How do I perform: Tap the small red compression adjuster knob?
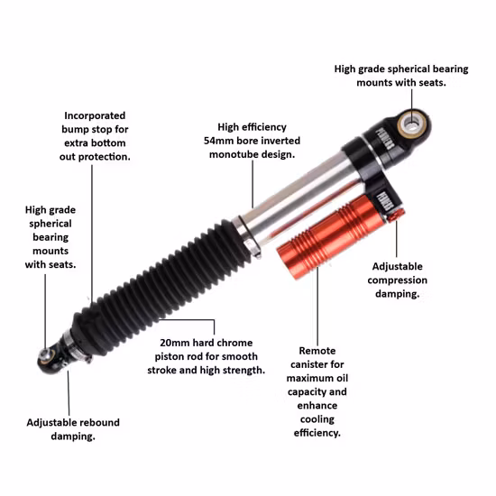[x=397, y=215]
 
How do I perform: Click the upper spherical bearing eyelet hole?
[x=412, y=124]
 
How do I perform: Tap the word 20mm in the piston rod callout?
[x=174, y=343]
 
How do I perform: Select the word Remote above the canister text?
[x=317, y=351]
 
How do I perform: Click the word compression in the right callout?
[x=398, y=280]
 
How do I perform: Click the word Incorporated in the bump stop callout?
[x=95, y=115]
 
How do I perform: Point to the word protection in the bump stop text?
[x=104, y=157]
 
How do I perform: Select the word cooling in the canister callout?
[x=317, y=419]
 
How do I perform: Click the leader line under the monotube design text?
[x=253, y=184]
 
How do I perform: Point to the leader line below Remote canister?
[x=317, y=307]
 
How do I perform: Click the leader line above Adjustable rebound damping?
[x=69, y=393]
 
